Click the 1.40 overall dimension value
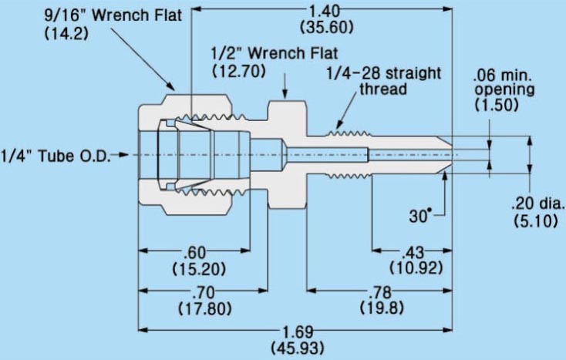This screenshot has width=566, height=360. coord(325,11)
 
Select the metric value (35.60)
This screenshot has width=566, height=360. coord(327,27)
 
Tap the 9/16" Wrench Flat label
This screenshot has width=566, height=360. coord(113,15)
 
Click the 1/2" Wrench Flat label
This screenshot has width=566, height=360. coord(275,53)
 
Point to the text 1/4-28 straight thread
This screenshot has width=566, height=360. coord(384,81)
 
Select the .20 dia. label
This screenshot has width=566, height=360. coord(537,203)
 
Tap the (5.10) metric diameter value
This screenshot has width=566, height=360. coord(536,220)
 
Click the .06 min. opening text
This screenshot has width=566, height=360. coord(504,82)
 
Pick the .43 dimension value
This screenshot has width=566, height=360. coord(413,252)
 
